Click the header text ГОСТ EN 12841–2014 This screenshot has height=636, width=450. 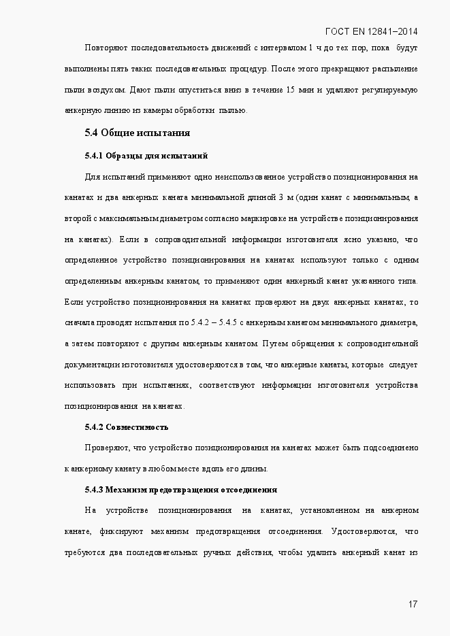pyautogui.click(x=372, y=31)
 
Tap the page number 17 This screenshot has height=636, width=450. pyautogui.click(x=413, y=604)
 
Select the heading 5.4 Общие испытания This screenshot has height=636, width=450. pyautogui.click(x=137, y=133)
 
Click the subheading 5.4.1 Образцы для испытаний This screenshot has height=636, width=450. pyautogui.click(x=146, y=156)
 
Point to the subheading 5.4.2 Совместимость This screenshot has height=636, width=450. pyautogui.click(x=126, y=427)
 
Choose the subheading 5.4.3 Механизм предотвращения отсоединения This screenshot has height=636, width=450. pyautogui.click(x=180, y=490)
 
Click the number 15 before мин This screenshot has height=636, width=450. pyautogui.click(x=291, y=90)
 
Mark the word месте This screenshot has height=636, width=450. pyautogui.click(x=191, y=469)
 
